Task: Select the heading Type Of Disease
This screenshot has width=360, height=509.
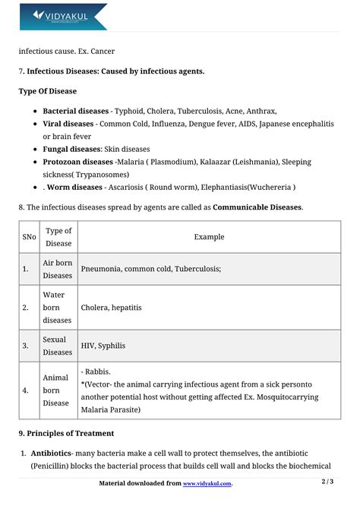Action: click(x=47, y=91)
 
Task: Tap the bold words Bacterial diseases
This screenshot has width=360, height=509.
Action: click(x=75, y=110)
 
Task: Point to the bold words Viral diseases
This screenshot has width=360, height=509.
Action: click(x=68, y=123)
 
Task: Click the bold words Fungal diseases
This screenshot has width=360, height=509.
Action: click(x=71, y=149)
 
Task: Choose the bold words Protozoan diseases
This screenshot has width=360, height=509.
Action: click(x=77, y=162)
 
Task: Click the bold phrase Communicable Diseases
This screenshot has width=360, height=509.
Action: click(x=257, y=207)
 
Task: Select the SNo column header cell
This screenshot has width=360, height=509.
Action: click(x=29, y=237)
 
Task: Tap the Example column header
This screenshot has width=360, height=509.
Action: click(x=209, y=237)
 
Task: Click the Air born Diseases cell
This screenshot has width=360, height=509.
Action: click(x=58, y=269)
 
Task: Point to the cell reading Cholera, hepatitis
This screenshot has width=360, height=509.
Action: click(x=111, y=308)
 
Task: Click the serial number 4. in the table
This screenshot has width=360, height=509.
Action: click(x=26, y=390)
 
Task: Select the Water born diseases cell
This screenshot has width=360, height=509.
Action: click(x=58, y=308)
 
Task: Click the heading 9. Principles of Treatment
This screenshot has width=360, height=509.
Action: click(x=66, y=434)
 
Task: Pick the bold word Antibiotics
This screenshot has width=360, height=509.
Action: click(x=50, y=454)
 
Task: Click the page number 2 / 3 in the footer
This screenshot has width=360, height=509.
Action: click(x=327, y=482)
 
